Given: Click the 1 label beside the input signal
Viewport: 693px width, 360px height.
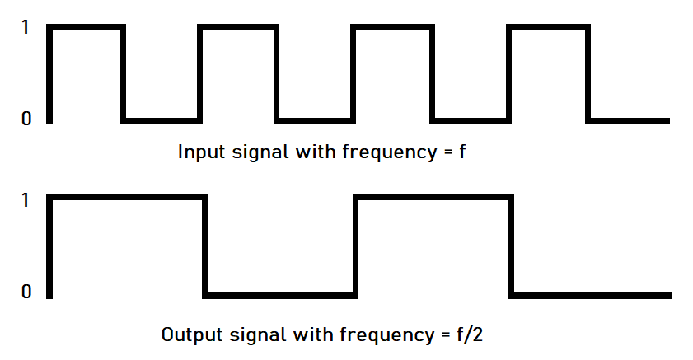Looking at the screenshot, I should [x=26, y=28].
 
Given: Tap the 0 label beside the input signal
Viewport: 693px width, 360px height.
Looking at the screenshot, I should [x=26, y=119].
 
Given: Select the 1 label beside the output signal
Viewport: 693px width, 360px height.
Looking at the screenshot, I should [x=26, y=200].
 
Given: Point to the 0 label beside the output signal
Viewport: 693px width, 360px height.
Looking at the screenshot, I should [x=26, y=292].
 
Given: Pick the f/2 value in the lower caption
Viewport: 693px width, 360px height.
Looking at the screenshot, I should [x=479, y=335].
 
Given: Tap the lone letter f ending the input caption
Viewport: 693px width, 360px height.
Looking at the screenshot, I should [x=462, y=152].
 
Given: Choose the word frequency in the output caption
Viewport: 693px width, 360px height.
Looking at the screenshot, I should [x=391, y=336].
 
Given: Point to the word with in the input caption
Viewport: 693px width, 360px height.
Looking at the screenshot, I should [x=314, y=152].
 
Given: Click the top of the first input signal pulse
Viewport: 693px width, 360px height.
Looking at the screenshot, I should [x=87, y=29].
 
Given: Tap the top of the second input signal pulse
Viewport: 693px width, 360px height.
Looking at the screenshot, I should [x=238, y=29].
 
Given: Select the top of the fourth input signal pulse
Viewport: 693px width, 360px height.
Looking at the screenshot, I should [x=548, y=29].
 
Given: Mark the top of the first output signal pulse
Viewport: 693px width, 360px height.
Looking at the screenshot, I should [x=126, y=198].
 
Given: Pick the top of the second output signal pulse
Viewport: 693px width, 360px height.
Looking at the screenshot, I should [x=433, y=198].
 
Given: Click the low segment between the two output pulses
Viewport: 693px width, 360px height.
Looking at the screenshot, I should [x=280, y=293].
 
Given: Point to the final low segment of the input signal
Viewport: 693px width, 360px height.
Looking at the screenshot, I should [x=627, y=120].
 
